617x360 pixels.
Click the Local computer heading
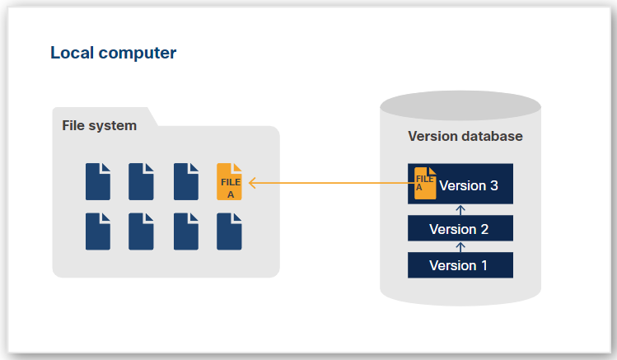coord(113,54)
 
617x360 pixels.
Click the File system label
coord(100,126)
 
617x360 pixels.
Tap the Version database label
coord(465,136)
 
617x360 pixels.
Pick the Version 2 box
coord(460,229)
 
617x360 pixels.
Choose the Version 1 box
coord(460,265)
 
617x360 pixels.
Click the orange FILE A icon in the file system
coord(229,182)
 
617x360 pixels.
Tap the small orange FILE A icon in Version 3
coord(425,183)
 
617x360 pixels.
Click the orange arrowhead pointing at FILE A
coord(252,182)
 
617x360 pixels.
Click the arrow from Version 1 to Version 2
coord(460,247)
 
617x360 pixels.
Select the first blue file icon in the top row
coord(98,182)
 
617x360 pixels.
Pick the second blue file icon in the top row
coord(141,182)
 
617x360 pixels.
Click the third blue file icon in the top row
coord(186,182)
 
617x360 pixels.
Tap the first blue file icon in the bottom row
coord(98,231)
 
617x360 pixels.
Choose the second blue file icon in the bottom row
coord(141,231)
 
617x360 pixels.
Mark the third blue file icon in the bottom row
coord(186,231)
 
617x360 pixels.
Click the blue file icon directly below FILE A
coord(229,231)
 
